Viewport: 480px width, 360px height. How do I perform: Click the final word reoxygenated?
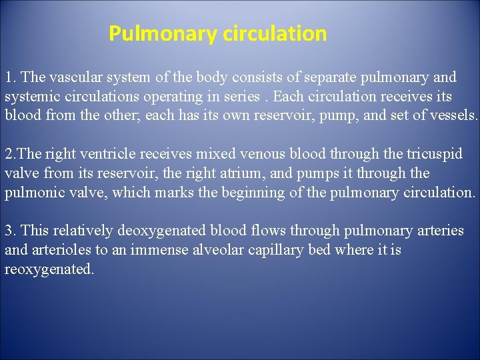coord(49,269)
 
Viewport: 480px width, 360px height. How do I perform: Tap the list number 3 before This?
coord(9,231)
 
